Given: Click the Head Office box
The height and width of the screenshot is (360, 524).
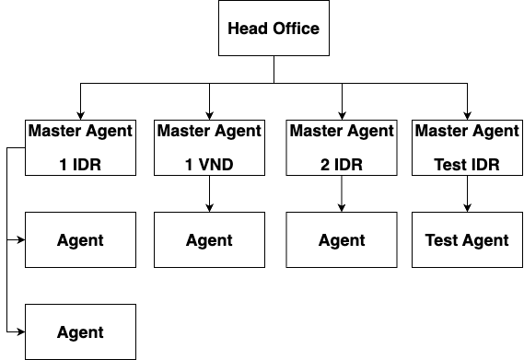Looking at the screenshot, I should [274, 29].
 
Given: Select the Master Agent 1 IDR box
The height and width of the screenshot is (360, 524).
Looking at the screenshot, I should [80, 147].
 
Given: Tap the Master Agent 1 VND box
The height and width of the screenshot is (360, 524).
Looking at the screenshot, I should [209, 147].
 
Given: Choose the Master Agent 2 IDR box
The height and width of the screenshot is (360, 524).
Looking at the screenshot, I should [342, 147].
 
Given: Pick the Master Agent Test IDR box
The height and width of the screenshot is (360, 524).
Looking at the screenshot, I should [467, 147].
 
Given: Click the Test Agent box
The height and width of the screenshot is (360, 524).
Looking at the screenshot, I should [467, 240].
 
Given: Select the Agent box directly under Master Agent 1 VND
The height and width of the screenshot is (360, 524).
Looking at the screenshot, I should [209, 240].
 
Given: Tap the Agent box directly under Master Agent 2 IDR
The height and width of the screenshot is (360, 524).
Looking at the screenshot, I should [342, 240].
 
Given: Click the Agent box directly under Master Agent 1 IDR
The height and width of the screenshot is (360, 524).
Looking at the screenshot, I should [80, 240].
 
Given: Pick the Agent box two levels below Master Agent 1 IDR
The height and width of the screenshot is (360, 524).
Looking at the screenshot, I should [80, 332].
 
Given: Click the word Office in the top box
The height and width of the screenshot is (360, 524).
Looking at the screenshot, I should [296, 29].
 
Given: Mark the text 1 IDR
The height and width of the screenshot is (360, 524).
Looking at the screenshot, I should [80, 166].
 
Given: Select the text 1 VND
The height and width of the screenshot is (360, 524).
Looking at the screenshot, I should [209, 166].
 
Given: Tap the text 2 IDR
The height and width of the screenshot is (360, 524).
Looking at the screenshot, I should [342, 166].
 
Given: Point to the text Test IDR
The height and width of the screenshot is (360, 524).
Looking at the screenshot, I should [467, 166].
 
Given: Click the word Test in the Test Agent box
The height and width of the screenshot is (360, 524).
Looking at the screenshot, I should [442, 240].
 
